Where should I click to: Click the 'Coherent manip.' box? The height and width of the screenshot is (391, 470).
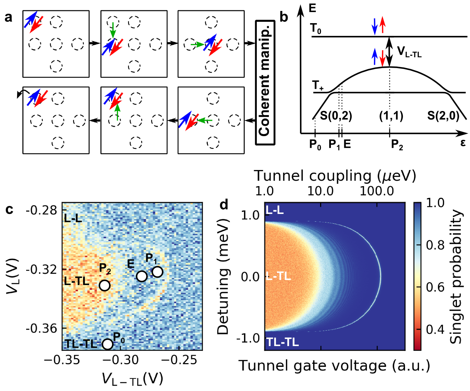pos(265,82)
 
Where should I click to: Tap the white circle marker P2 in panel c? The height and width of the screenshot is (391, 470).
pos(105,285)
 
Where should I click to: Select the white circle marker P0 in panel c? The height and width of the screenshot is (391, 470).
pos(107,344)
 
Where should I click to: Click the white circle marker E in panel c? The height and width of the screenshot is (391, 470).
pos(142,276)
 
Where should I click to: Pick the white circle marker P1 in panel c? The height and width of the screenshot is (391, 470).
pos(157,272)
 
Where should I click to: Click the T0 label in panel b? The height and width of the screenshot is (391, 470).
pos(315,29)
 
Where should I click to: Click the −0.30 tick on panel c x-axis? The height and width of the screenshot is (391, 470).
pos(124,360)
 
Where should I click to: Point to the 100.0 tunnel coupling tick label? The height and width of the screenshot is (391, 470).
pos(377,191)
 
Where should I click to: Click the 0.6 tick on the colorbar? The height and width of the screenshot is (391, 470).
pos(435,287)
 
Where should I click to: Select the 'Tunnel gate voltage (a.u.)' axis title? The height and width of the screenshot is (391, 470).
pos(334,366)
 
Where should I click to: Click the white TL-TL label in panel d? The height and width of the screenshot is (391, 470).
pos(282,342)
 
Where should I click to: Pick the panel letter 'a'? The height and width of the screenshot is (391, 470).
pos(9,17)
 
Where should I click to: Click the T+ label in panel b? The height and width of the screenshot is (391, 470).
pos(317,86)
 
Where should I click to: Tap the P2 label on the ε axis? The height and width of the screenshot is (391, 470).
pos(397,145)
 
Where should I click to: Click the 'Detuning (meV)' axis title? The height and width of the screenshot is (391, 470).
pos(223,277)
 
